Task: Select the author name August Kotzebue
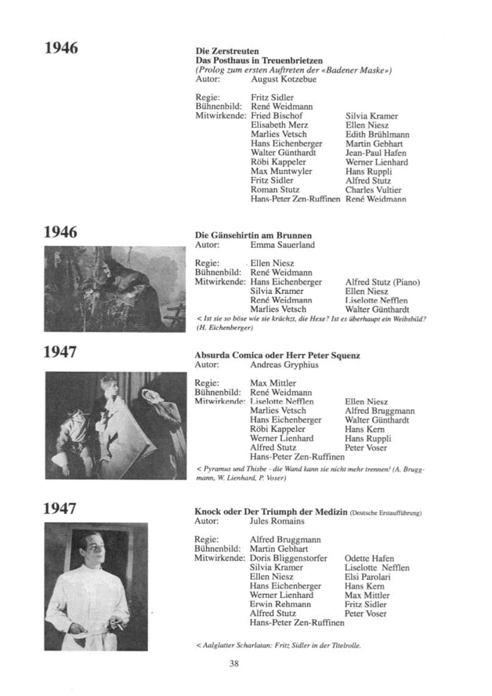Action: [x=282, y=79]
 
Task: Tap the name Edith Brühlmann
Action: [x=377, y=135]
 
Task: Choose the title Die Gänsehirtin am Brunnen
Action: [x=253, y=235]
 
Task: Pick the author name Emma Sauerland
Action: [x=282, y=245]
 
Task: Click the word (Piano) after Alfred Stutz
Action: [x=406, y=283]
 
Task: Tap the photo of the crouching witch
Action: [x=114, y=291]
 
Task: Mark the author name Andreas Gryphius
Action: [x=284, y=365]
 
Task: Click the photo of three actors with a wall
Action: [x=114, y=425]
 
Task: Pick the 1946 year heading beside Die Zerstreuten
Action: [x=61, y=49]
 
